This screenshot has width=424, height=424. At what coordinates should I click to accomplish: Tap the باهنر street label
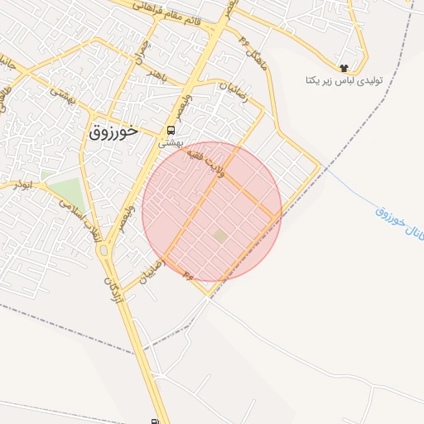tap(163, 74)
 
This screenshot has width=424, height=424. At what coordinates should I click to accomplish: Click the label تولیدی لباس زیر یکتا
tap(342, 81)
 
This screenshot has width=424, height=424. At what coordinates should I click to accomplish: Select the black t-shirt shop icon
tap(343, 67)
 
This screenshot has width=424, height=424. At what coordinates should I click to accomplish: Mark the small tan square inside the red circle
tap(219, 237)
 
